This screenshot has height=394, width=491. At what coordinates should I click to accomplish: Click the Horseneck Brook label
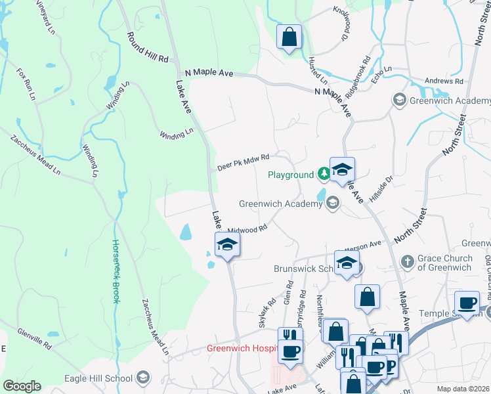116,269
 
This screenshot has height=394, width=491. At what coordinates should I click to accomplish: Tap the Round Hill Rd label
148,48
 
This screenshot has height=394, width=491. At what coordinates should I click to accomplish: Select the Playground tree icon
324,175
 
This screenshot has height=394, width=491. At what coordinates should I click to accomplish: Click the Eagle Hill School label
98,378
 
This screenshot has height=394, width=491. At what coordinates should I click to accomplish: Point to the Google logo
21,386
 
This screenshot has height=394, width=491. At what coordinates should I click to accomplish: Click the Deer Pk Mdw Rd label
244,163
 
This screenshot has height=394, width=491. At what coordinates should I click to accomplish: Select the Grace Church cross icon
408,261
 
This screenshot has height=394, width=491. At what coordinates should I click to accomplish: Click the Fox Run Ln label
26,83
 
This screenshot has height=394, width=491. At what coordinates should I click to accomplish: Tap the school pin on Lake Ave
227,245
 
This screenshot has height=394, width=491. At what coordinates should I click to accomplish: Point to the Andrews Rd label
444,81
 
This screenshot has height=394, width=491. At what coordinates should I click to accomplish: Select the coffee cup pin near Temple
467,303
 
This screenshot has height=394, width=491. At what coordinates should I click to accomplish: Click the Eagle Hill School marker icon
144,378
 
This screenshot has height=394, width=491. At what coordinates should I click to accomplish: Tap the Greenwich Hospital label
240,349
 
